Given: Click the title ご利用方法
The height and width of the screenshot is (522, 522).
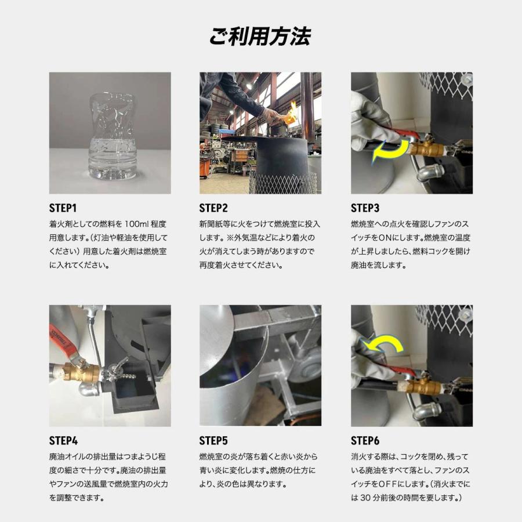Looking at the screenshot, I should point(260,36).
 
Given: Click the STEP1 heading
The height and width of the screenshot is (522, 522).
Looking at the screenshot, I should point(63,208).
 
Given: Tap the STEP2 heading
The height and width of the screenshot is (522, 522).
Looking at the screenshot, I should point(214,208).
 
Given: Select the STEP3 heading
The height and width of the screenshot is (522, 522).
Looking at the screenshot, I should point(365,208).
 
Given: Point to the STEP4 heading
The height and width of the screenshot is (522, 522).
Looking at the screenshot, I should point(64,440).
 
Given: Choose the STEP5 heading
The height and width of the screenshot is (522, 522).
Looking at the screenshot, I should point(214,440).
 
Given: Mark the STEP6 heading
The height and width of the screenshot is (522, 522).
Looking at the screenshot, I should point(365,440).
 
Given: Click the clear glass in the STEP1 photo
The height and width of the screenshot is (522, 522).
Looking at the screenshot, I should point(113,136).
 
